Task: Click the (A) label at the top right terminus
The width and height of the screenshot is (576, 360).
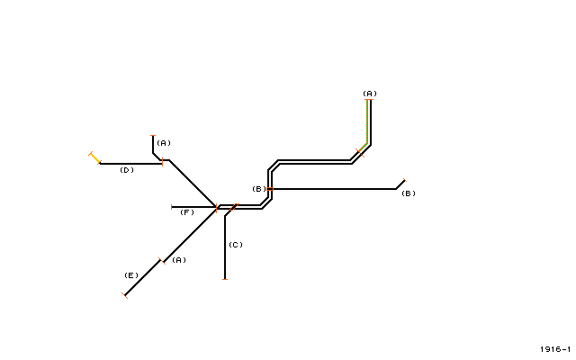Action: tap(370, 94)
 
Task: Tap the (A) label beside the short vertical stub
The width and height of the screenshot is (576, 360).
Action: tap(164, 143)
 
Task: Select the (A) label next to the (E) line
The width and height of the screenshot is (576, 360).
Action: tap(179, 260)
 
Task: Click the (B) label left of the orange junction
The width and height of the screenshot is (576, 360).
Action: tap(259, 189)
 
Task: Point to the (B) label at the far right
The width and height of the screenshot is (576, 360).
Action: tap(409, 193)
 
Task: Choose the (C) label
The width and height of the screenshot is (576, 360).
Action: tap(236, 245)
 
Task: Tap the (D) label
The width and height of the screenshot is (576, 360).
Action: tap(127, 170)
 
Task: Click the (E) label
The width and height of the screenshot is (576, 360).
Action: tap(131, 275)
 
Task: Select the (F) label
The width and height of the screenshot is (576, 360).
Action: tap(187, 212)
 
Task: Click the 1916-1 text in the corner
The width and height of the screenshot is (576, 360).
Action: tap(555, 349)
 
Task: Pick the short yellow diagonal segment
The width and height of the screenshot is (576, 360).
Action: tap(95, 158)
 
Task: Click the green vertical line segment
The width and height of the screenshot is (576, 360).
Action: tap(367, 121)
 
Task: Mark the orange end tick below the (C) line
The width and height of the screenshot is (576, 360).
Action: tap(225, 280)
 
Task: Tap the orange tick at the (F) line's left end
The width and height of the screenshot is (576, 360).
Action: tap(172, 207)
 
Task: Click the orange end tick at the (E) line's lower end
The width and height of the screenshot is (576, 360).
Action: tap(124, 295)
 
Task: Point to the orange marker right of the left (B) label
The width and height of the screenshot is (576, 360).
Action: tap(270, 189)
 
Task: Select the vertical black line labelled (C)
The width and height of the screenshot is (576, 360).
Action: tap(225, 247)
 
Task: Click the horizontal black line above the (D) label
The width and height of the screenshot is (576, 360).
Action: tap(130, 164)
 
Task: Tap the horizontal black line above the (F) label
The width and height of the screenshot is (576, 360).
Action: tap(194, 207)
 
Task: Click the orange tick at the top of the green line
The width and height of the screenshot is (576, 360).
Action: tap(369, 100)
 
